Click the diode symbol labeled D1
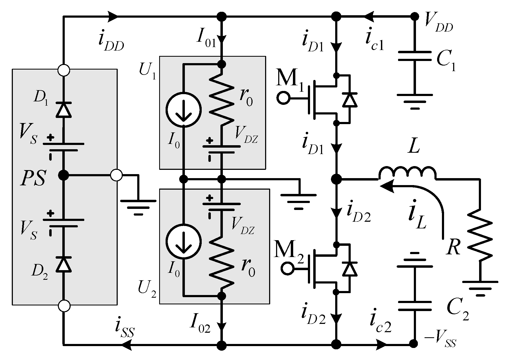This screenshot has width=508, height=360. [64, 110]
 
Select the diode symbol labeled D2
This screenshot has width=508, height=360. [64, 264]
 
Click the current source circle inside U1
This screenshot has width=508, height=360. [184, 109]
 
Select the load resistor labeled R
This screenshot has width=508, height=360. [480, 241]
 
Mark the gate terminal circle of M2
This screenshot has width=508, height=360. [287, 268]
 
